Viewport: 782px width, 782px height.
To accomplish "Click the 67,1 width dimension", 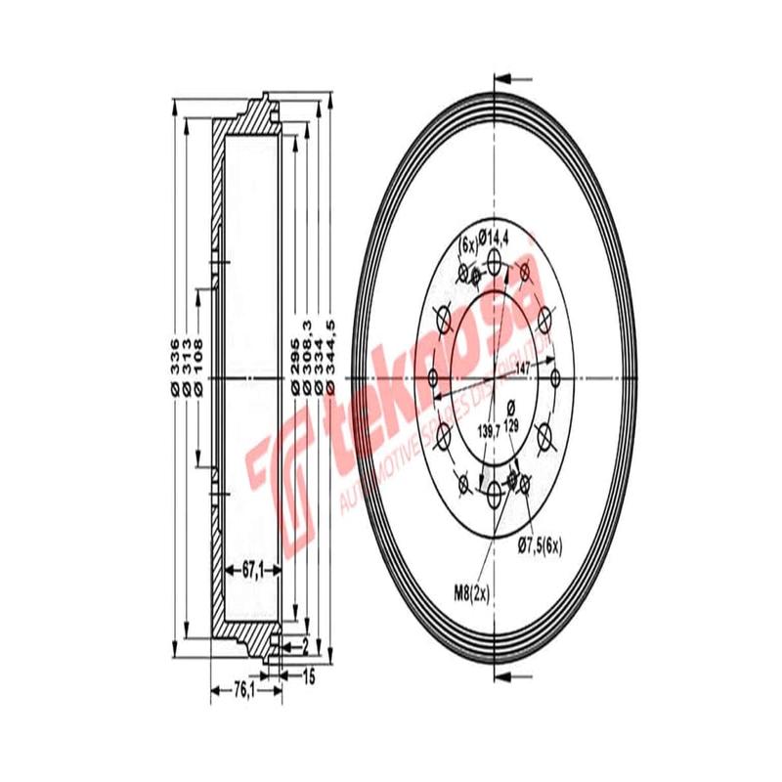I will (250, 572).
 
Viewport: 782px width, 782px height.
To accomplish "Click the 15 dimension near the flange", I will (309, 673).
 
